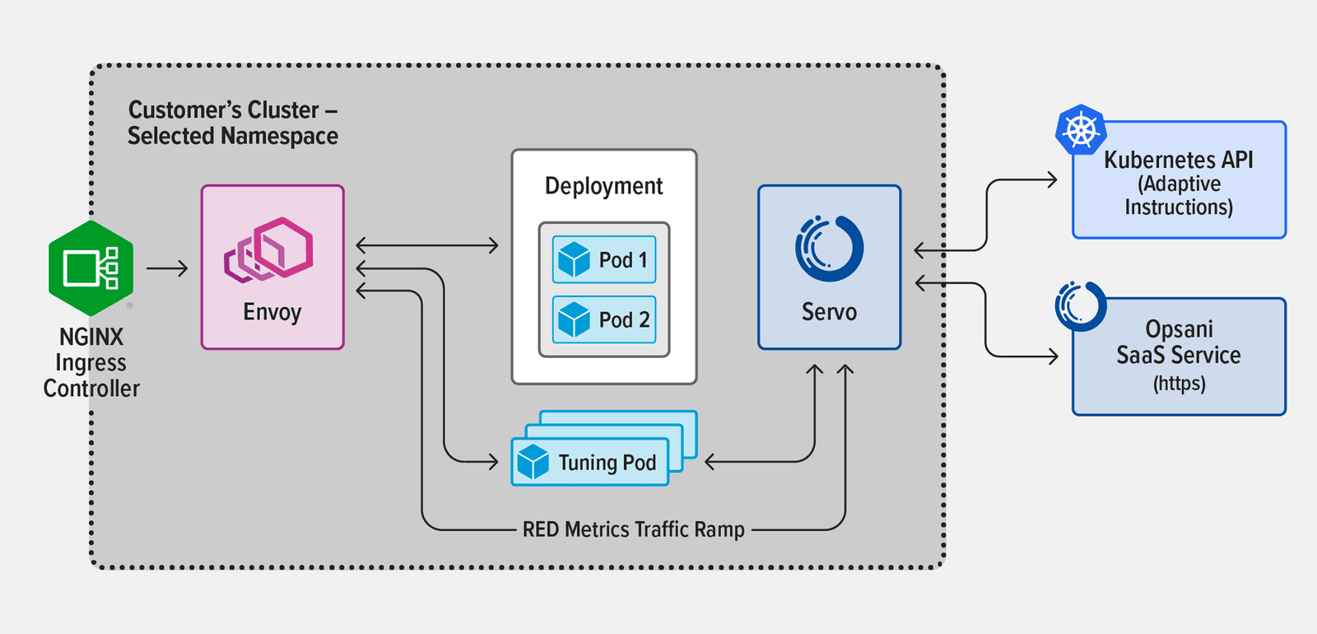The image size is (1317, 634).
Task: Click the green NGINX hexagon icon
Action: (91, 268)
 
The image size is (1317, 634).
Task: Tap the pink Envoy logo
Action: (269, 250)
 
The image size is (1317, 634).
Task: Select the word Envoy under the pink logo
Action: (272, 313)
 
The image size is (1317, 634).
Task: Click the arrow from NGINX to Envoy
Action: (167, 268)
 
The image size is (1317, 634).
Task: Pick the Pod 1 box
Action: (604, 260)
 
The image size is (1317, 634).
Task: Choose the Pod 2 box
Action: (604, 319)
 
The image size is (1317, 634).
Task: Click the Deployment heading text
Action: (603, 186)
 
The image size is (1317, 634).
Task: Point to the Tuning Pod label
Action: (607, 463)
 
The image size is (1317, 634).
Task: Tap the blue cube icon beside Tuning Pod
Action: (533, 461)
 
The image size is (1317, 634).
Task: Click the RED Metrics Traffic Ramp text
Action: (633, 529)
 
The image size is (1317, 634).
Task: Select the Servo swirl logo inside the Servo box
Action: (829, 248)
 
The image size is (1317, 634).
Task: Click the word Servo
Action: (829, 312)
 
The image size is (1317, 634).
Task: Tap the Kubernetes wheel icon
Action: (1081, 130)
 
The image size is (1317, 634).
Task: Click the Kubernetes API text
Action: (1178, 160)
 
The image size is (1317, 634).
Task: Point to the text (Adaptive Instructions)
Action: (1179, 195)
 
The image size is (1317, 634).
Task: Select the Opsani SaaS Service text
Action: (1179, 342)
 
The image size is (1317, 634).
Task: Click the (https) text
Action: (1179, 384)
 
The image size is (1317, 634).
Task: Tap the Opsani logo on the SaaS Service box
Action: (1081, 306)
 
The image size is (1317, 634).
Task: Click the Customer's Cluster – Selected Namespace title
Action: (232, 123)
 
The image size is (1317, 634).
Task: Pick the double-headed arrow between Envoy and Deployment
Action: (427, 245)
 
